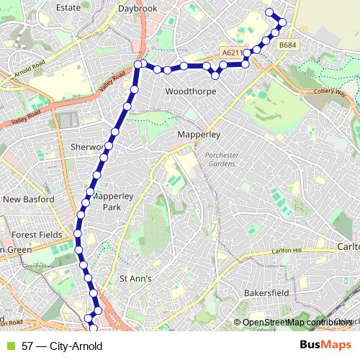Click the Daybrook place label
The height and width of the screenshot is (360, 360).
[x=138, y=8]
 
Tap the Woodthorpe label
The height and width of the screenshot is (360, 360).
[x=190, y=92]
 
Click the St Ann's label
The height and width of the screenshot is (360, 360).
[x=135, y=279]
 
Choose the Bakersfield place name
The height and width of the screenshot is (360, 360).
[x=266, y=294]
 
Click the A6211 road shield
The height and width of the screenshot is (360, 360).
[x=230, y=53]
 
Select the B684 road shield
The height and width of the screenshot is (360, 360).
[x=287, y=45]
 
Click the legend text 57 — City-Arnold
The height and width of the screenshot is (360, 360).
[x=62, y=346]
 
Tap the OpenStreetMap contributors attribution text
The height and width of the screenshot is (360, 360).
[x=293, y=323]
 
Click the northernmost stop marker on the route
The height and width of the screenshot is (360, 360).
[x=270, y=12]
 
